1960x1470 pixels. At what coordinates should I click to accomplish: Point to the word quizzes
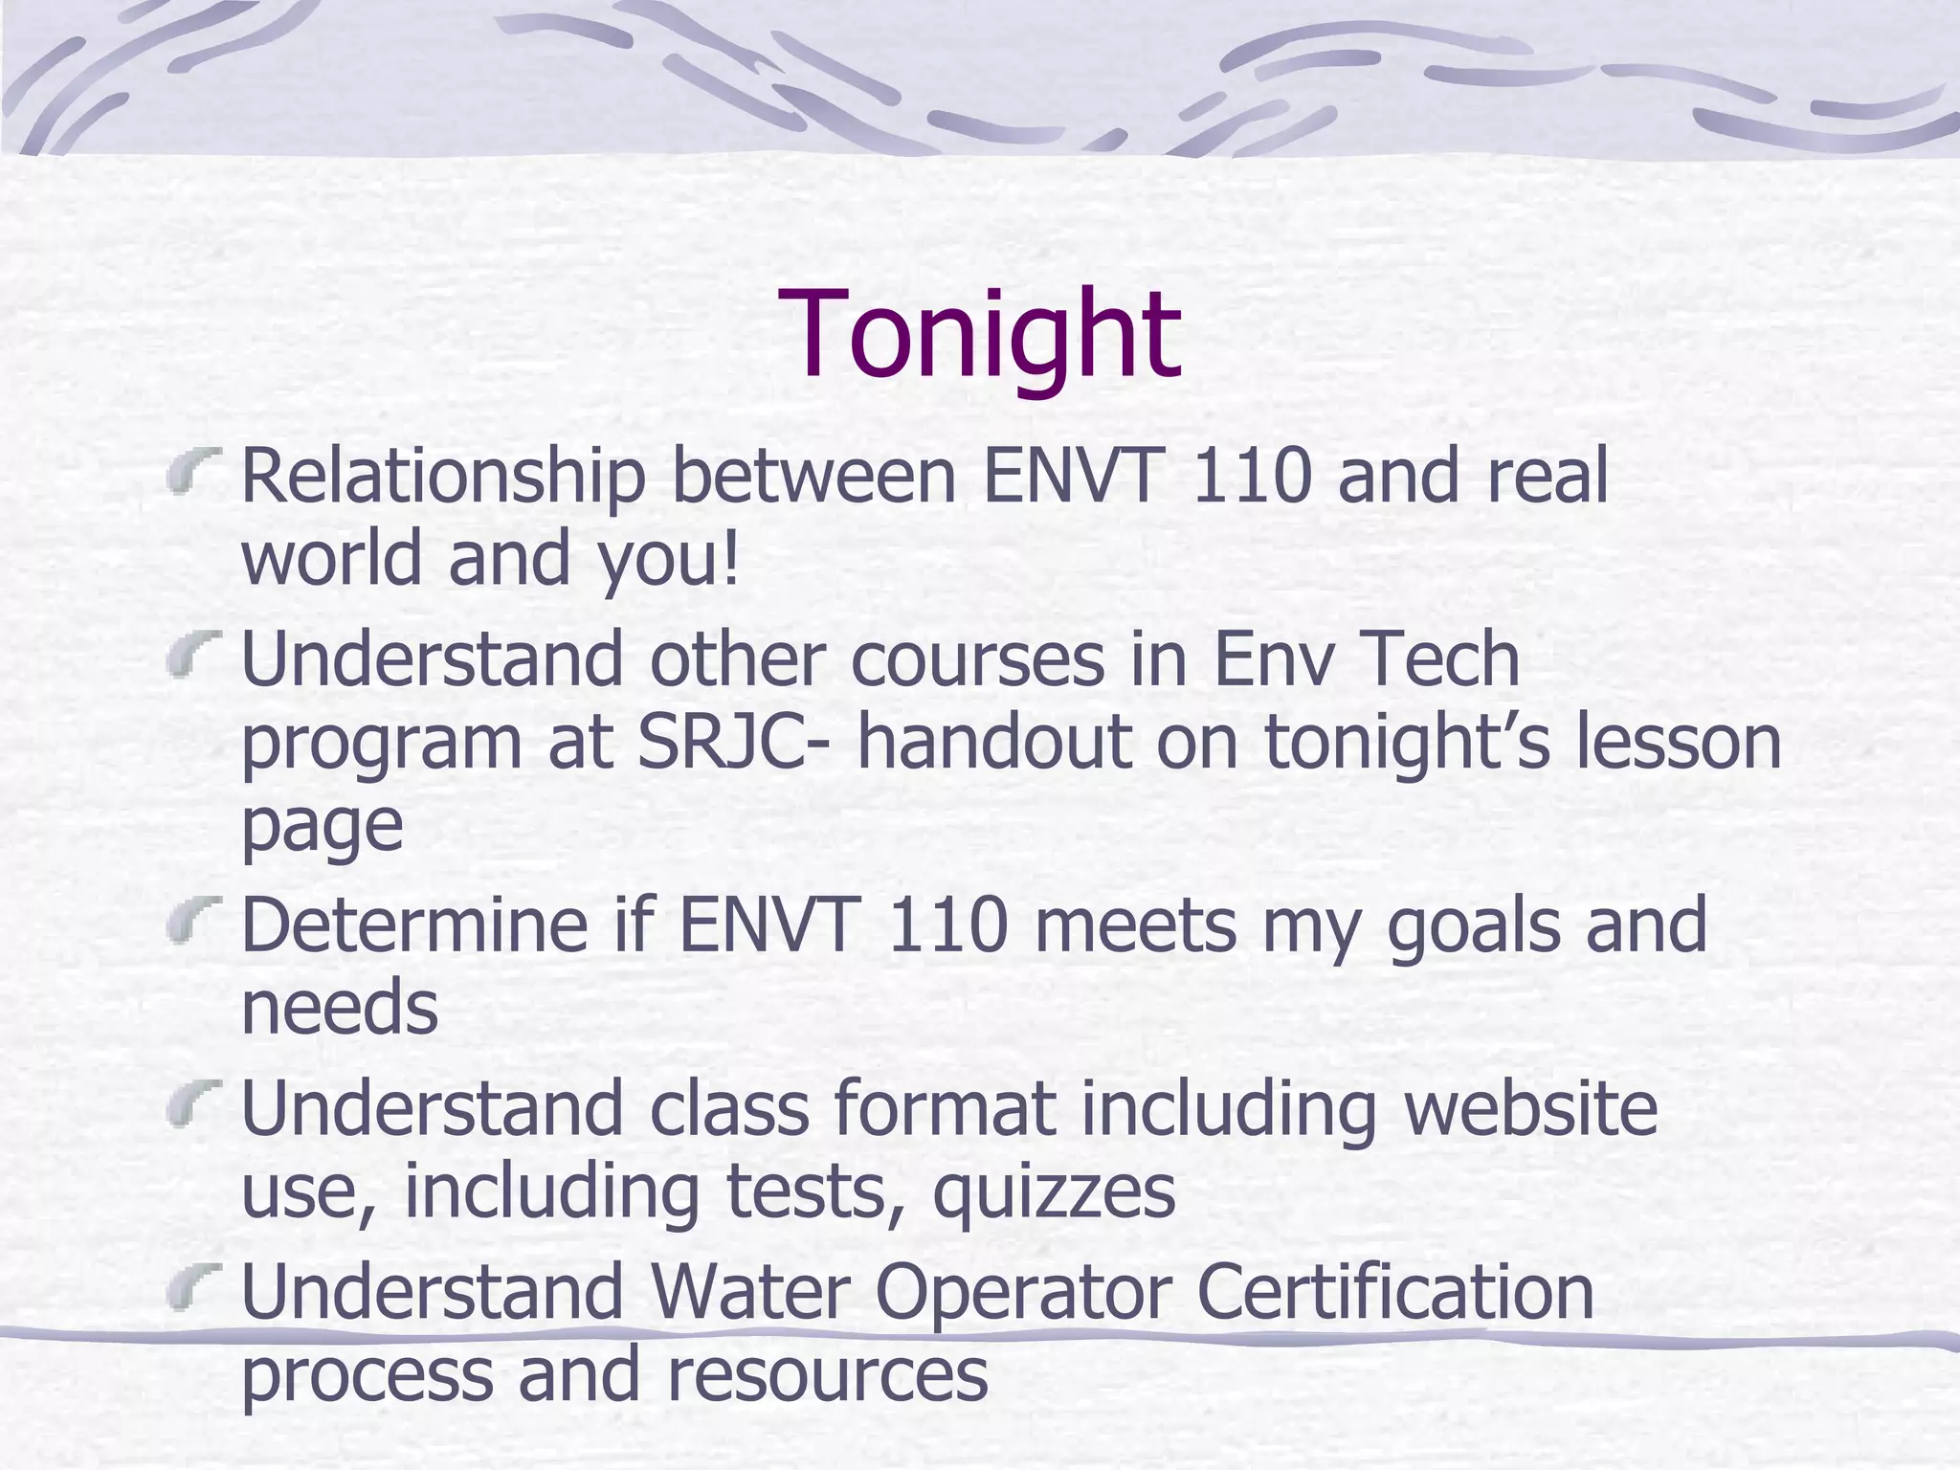1054,1192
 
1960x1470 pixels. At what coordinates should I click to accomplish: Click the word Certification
1394,1292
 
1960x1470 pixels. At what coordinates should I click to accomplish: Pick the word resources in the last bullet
827,1374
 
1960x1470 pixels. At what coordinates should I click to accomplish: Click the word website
1530,1108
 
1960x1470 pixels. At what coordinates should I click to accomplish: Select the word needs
340,1008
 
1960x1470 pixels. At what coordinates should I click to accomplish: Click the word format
945,1108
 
